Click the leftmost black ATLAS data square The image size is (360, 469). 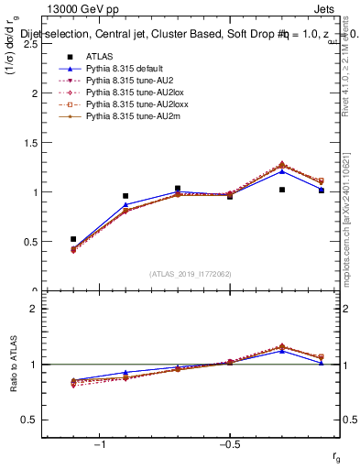pos(73,239)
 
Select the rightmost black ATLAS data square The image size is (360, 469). pos(322,191)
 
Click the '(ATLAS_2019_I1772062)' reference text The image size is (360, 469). pos(191,273)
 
